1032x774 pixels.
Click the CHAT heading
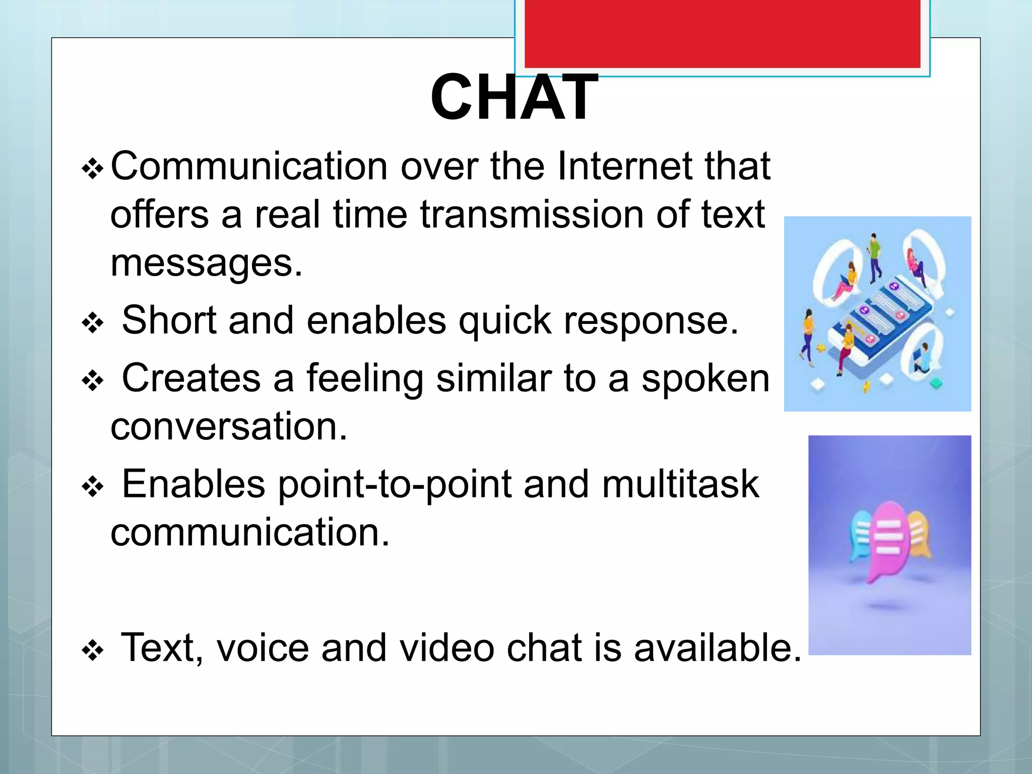point(514,97)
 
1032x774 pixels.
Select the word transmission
point(531,215)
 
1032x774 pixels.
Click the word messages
point(206,264)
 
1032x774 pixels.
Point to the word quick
point(504,320)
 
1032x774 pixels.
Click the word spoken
point(705,378)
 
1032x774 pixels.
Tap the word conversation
point(228,427)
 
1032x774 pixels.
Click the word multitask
point(680,484)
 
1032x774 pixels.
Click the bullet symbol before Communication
point(93,169)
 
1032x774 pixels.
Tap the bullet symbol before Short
point(93,324)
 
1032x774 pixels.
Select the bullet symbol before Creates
point(93,381)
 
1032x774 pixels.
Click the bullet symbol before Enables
point(93,487)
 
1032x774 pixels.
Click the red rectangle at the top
point(722,33)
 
